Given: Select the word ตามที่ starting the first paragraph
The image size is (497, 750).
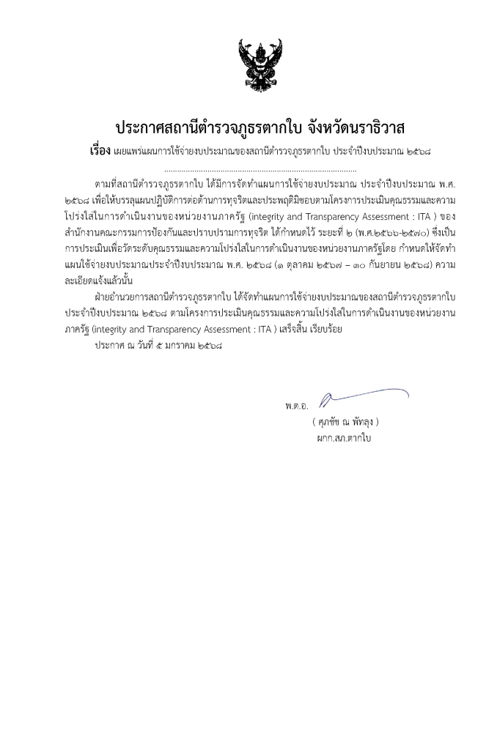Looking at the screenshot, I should pyautogui.click(x=107, y=182).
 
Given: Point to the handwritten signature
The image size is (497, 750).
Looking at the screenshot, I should pyautogui.click(x=362, y=396).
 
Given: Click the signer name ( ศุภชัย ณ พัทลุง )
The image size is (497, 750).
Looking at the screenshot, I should pyautogui.click(x=345, y=422).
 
